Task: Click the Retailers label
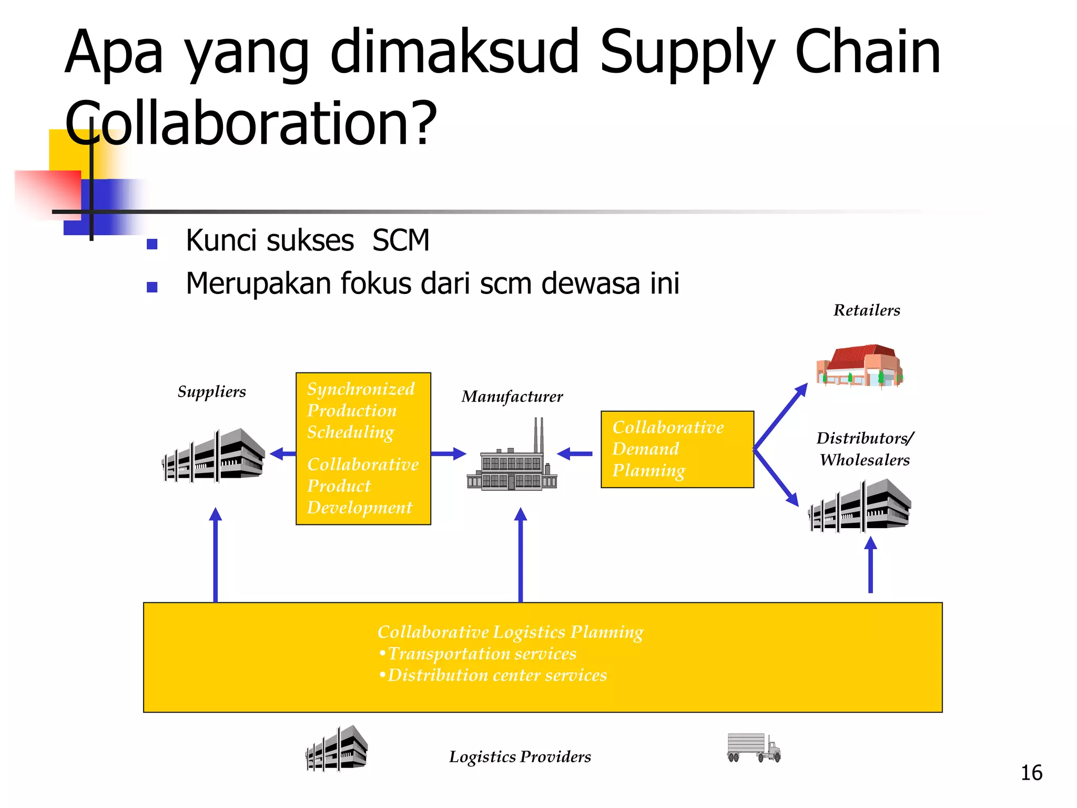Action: [867, 310]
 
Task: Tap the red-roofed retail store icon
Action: [859, 366]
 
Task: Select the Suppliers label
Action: [211, 391]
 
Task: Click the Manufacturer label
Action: [512, 396]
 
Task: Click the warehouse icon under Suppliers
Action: [214, 456]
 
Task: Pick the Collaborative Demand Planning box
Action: [677, 449]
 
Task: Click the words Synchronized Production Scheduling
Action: [360, 410]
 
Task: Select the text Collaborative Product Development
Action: [362, 486]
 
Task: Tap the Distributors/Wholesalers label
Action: [865, 449]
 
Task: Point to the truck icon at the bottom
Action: [754, 748]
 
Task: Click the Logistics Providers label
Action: [520, 756]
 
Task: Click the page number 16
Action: [1031, 773]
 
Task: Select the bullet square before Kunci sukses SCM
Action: [153, 244]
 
